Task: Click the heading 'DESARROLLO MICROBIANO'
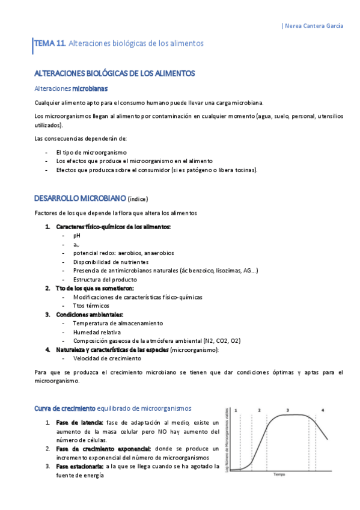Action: (x=80, y=198)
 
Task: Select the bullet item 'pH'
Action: (x=76, y=236)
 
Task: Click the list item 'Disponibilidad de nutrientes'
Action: (x=110, y=262)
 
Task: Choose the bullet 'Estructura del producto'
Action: (x=105, y=280)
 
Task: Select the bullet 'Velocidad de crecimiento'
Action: (x=107, y=358)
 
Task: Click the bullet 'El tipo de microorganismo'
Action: (x=91, y=153)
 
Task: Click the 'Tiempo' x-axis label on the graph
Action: (x=279, y=475)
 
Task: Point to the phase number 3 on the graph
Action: (x=288, y=410)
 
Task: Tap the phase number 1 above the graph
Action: (x=236, y=410)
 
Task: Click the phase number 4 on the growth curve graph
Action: (x=323, y=410)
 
